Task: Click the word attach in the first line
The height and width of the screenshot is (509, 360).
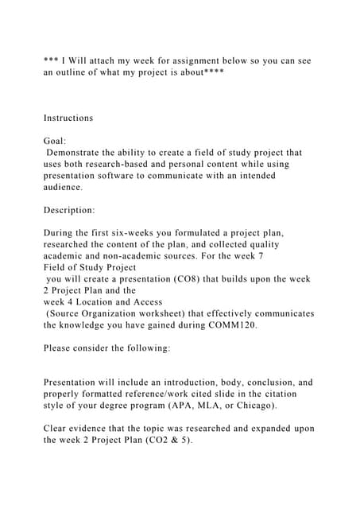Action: tap(100, 59)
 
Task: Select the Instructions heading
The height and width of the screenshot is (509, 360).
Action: tap(68, 118)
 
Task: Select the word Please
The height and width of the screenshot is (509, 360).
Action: tap(60, 348)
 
